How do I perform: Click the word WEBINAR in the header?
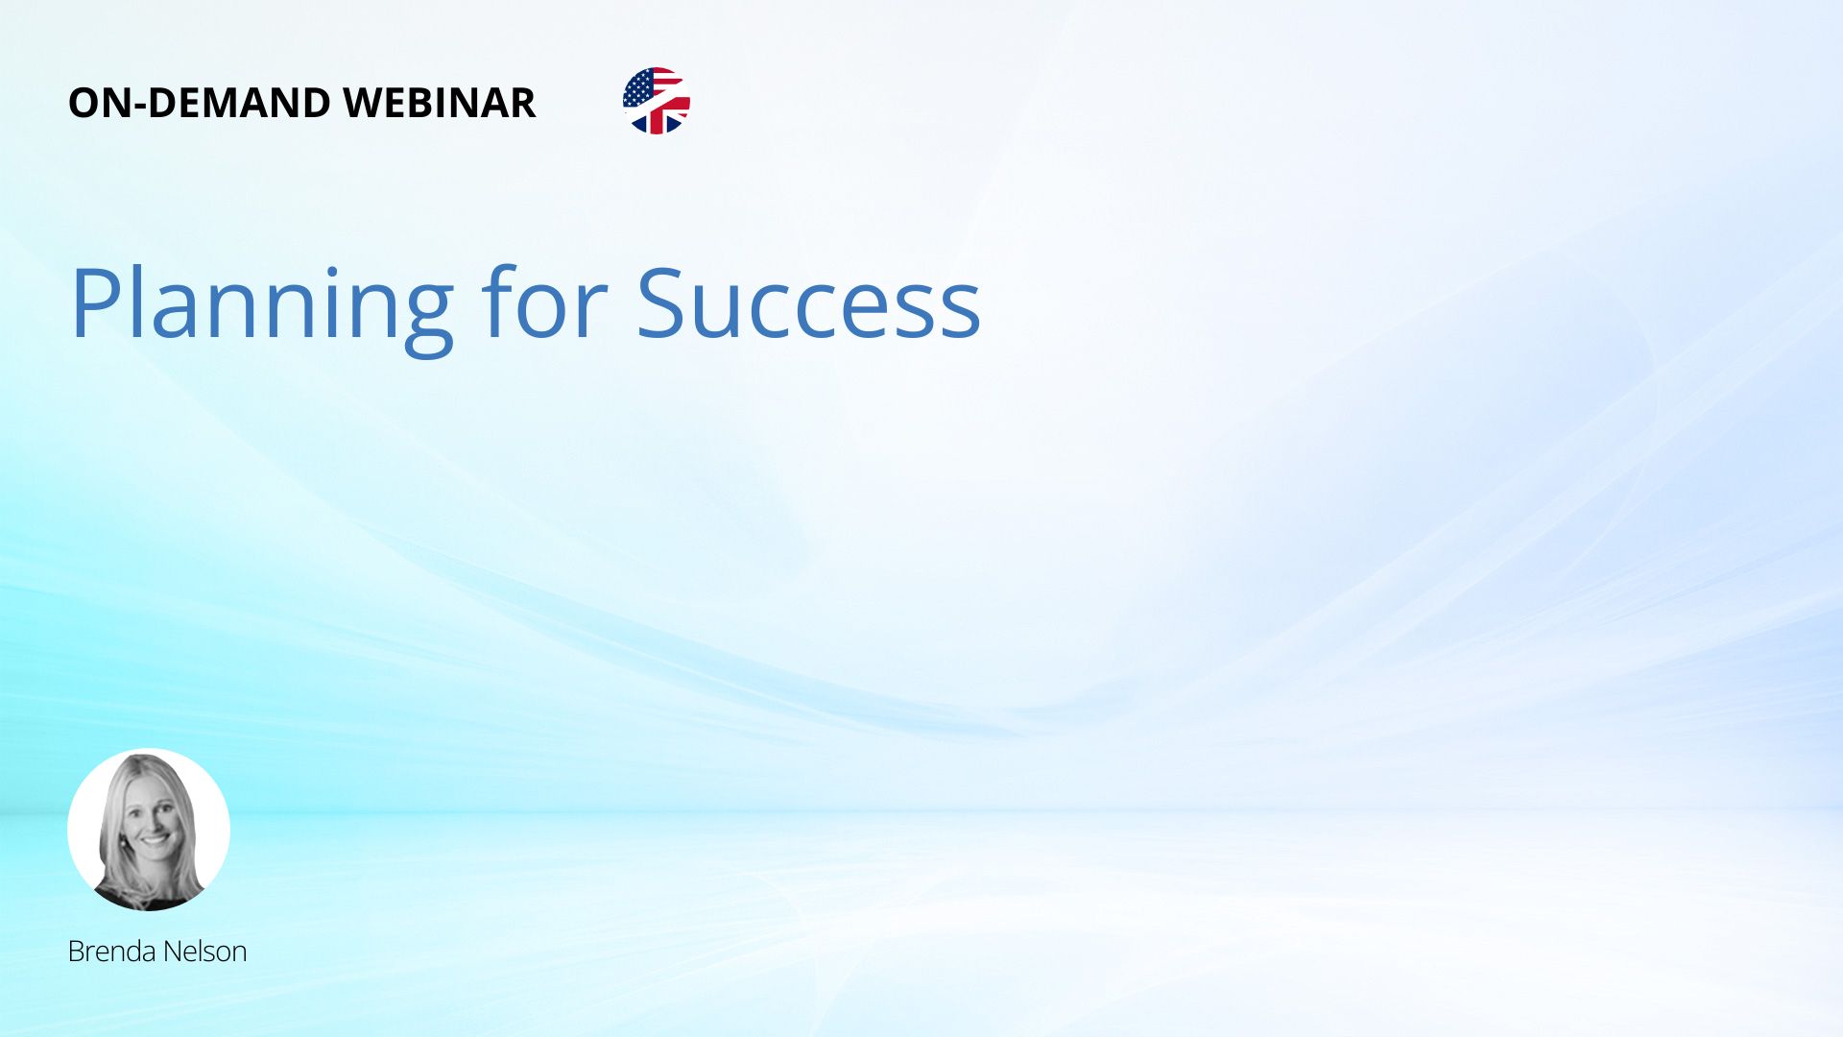click(439, 103)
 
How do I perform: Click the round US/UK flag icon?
click(657, 101)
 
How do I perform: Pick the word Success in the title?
click(808, 303)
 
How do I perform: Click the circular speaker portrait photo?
click(149, 830)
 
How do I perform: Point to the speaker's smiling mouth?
click(156, 841)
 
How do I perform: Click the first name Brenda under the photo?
click(111, 952)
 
